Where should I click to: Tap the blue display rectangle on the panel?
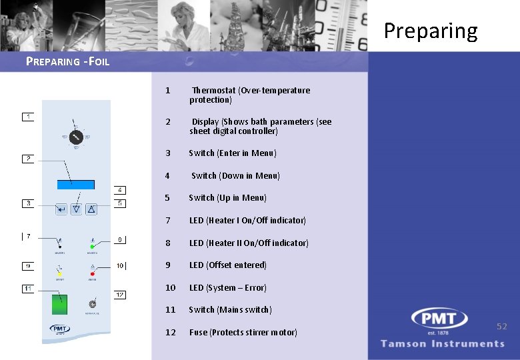pos(75,184)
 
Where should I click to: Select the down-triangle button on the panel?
pos(76,209)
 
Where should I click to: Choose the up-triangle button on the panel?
pos(91,209)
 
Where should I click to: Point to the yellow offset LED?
pos(59,273)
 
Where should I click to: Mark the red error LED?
pos(92,273)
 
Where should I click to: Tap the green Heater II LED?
pos(92,246)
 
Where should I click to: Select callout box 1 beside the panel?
pos(27,117)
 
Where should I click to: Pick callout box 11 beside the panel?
pos(27,289)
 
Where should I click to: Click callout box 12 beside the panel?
pos(119,295)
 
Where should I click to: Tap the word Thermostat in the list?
pos(213,91)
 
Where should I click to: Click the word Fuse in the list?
pos(198,332)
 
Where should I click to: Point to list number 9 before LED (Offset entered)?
pos(168,265)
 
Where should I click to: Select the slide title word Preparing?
pos(430,31)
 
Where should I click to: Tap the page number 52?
pos(501,326)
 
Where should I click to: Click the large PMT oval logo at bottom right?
pos(441,321)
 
